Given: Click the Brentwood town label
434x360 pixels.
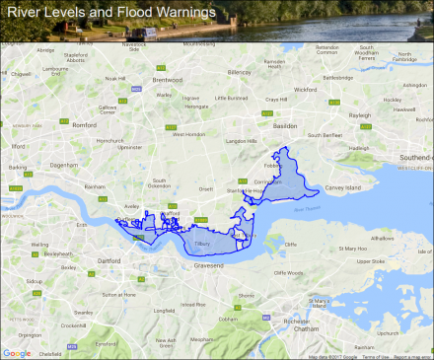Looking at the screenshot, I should [168, 80].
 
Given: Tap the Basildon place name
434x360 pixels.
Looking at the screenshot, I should [285, 126].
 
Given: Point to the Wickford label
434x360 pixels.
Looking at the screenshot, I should [304, 89].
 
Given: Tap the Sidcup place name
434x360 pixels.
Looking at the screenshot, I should [35, 281].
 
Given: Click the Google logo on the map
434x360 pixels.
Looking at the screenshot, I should [17, 352].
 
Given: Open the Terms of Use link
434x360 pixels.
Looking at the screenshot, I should [375, 356].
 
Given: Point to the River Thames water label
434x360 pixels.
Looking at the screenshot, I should [306, 207].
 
